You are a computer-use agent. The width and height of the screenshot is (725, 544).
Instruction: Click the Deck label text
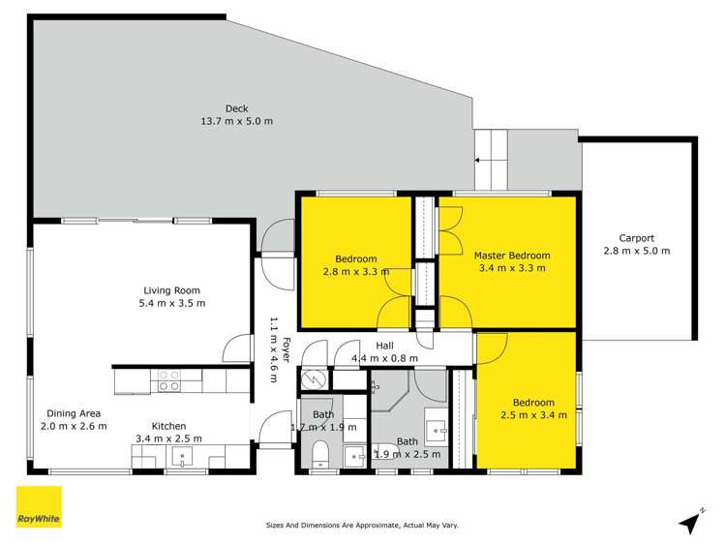click(236, 107)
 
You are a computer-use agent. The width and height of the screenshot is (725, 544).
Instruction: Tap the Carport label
click(636, 237)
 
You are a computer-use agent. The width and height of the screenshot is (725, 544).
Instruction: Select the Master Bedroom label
click(509, 256)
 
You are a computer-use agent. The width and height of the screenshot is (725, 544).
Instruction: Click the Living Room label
click(171, 289)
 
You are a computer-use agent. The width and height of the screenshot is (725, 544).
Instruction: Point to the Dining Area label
click(73, 412)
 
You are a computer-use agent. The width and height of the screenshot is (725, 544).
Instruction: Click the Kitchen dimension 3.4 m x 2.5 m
click(169, 438)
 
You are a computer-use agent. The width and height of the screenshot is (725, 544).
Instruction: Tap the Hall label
click(384, 345)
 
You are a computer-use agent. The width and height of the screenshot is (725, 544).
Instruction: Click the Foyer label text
click(287, 347)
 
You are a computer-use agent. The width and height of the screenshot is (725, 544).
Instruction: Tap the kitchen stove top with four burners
click(169, 380)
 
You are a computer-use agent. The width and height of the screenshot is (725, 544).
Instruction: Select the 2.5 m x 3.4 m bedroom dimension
click(533, 415)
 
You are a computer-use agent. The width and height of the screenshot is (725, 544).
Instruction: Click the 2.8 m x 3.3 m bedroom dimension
click(356, 271)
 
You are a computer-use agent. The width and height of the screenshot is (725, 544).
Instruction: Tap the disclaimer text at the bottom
click(362, 526)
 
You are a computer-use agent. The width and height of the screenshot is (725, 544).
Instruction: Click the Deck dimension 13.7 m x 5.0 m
click(236, 121)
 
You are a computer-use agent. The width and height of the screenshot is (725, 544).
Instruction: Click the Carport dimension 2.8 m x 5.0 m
click(636, 251)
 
